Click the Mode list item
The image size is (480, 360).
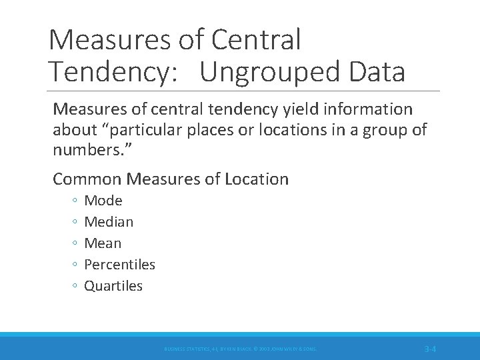[x=103, y=201]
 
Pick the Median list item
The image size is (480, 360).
[x=109, y=222]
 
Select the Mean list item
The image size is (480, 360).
[x=103, y=243]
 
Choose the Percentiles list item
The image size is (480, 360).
[x=119, y=265]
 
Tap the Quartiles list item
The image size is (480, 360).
[x=113, y=286]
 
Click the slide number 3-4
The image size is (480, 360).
[x=430, y=349]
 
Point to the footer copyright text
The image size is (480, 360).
[x=240, y=349]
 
